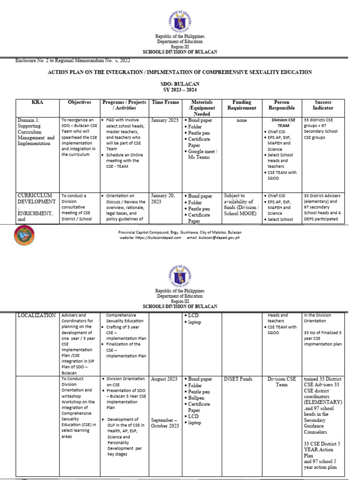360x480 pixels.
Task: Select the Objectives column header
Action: pos(79,102)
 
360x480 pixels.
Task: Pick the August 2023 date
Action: pos(165,379)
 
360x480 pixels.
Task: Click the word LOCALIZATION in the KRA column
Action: pos(37,316)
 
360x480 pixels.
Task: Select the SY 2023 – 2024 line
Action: pos(180,90)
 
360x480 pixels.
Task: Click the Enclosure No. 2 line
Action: pos(73,60)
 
